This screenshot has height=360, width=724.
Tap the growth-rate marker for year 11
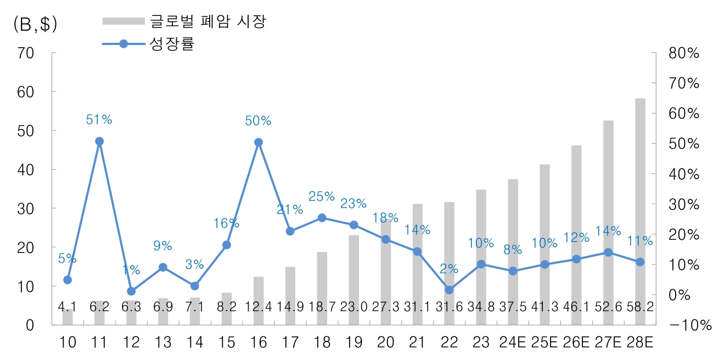pos(99,141)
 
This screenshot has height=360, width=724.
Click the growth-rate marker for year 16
pos(259,142)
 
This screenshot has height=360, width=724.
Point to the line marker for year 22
pos(449,290)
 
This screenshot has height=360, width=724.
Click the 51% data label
pos(99,120)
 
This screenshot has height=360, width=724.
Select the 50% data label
pos(258,120)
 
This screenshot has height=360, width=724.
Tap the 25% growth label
pos(322,196)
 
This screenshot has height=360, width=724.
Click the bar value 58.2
pos(641,307)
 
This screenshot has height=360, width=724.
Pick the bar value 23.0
pos(354,307)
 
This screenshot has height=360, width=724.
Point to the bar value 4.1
pos(68,307)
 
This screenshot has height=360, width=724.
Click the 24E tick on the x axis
pos(513,343)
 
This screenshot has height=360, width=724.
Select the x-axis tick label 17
pos(290,343)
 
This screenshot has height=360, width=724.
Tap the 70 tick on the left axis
pos(26,53)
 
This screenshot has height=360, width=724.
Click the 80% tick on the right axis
pos(683,53)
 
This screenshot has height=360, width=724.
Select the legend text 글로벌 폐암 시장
pos(209,21)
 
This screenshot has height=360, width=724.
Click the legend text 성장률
pos(172,44)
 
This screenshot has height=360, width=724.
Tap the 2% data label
pos(449,268)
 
